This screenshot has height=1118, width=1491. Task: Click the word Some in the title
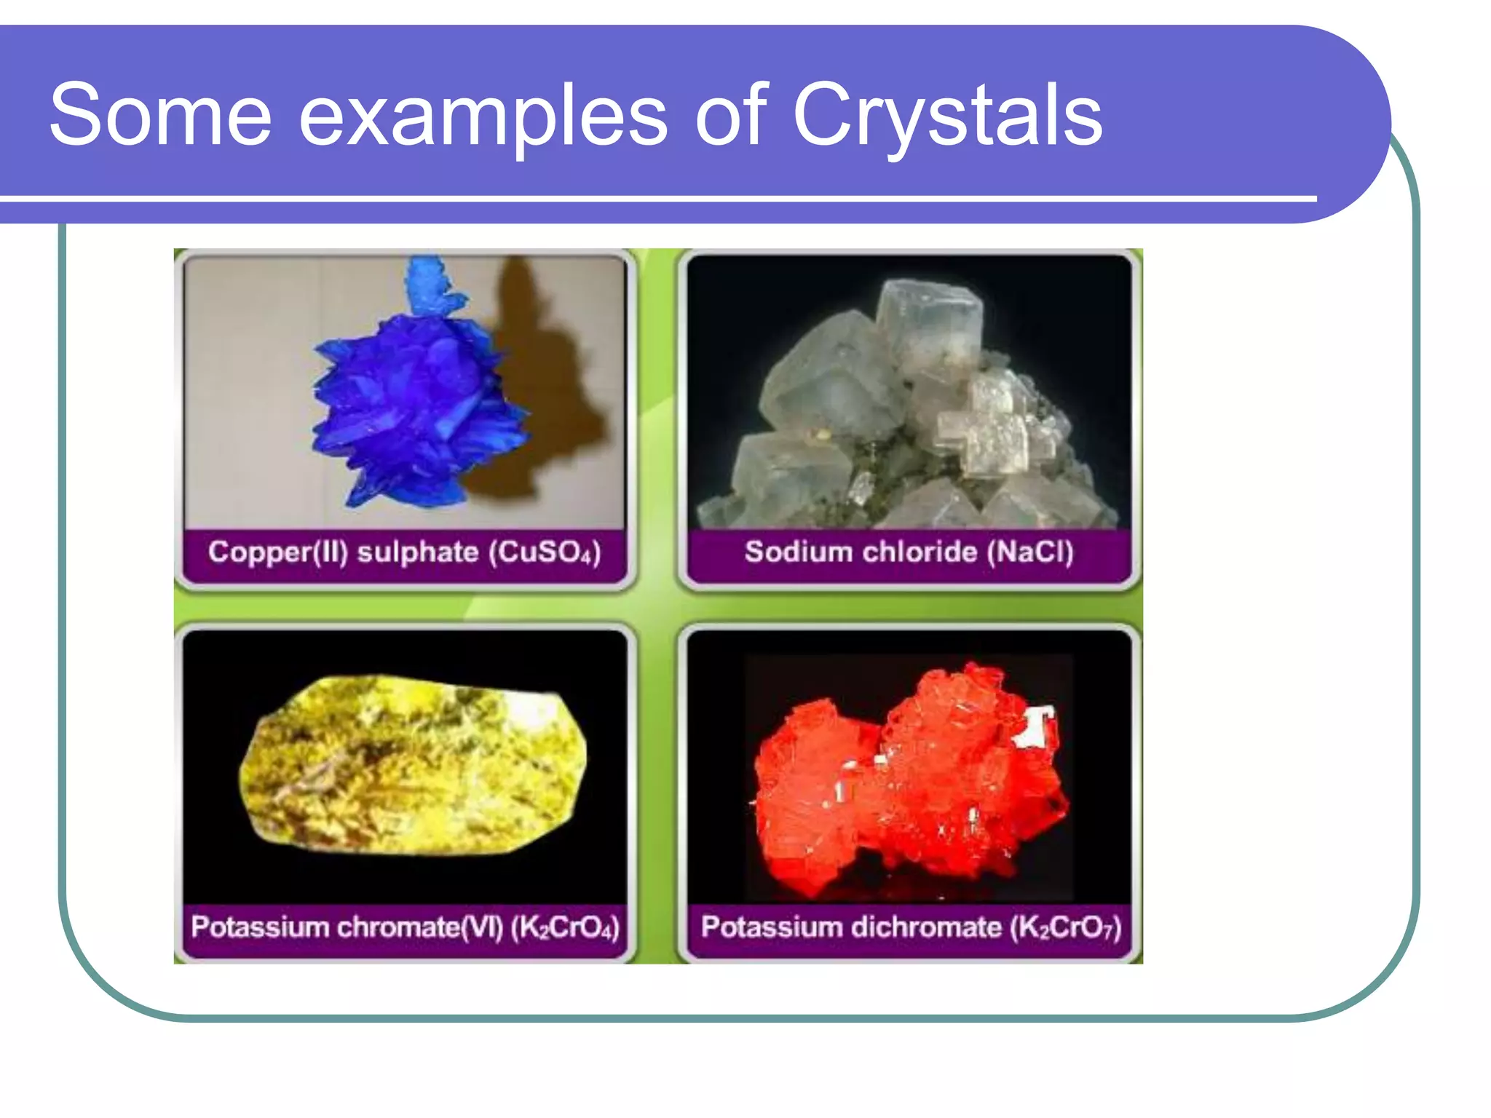(160, 115)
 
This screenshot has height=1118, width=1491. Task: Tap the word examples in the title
(483, 116)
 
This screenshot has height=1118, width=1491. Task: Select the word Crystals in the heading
(947, 116)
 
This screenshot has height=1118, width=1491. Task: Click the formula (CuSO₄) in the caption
(545, 552)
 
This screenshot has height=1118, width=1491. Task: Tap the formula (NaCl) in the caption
(1029, 552)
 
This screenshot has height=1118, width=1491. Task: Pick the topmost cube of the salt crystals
(928, 320)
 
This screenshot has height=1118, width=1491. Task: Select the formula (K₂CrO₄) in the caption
(565, 927)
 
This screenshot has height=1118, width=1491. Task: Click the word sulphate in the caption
(418, 552)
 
